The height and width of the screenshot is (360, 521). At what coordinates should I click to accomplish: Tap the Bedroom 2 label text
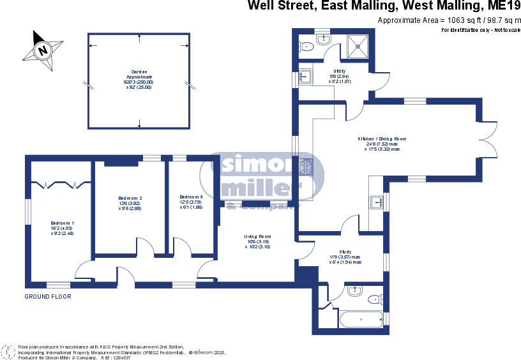(x=130, y=203)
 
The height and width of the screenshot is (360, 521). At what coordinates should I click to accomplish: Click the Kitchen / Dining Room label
(x=382, y=144)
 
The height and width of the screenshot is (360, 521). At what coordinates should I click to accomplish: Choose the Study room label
(x=345, y=257)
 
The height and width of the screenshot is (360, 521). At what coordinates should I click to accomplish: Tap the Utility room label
(x=339, y=76)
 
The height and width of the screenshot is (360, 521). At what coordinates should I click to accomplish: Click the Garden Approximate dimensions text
(x=138, y=79)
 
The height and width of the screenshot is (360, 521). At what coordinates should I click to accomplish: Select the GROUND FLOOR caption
(x=48, y=297)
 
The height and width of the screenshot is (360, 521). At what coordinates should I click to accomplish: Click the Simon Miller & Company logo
(x=262, y=181)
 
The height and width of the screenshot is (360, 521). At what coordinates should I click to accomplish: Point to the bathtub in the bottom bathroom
(x=360, y=318)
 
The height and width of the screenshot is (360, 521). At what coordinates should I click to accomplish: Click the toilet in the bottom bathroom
(x=375, y=299)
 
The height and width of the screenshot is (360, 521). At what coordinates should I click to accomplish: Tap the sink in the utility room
(x=305, y=77)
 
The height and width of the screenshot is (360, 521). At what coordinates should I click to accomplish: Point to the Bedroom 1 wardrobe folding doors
(x=61, y=184)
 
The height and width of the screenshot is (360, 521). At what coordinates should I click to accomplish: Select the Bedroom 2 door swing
(x=145, y=248)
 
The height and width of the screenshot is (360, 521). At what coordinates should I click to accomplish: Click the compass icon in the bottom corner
(x=8, y=352)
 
